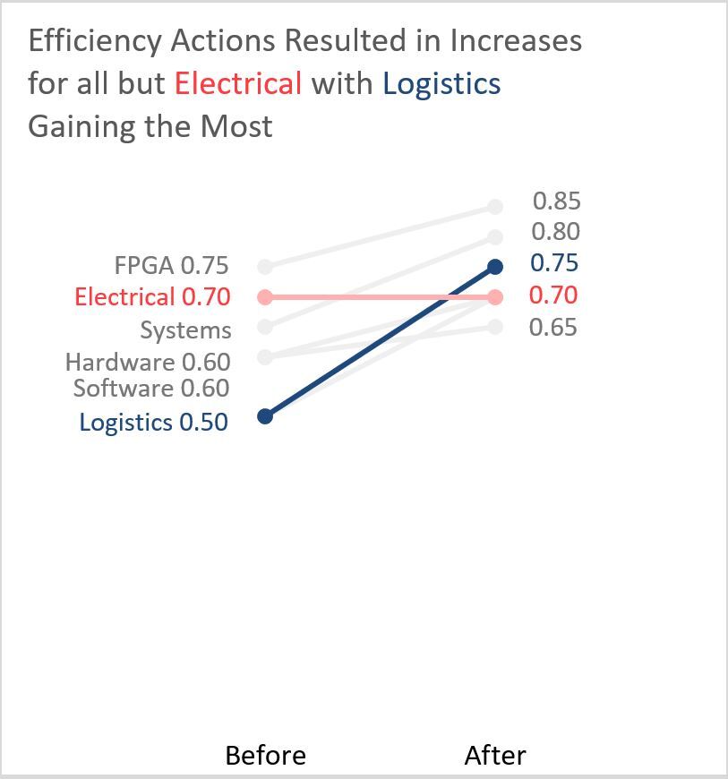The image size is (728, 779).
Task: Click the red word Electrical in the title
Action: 237,83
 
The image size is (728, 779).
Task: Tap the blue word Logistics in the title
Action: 441,83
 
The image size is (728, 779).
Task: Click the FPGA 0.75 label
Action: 171,266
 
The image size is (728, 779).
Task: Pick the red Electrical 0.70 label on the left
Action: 152,296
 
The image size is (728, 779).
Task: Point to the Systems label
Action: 185,330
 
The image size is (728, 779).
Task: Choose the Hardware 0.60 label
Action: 148,362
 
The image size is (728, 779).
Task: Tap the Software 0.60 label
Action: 151,389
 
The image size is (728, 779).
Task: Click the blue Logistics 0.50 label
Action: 153,422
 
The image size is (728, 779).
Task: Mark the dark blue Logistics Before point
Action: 264,416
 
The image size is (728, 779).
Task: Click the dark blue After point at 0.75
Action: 495,267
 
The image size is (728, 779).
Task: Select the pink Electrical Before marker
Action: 264,296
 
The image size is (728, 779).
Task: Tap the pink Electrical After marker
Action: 495,296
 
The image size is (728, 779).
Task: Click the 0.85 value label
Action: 556,201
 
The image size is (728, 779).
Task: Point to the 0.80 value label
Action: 555,232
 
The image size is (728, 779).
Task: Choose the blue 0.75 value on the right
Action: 554,263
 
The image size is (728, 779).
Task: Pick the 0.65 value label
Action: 552,327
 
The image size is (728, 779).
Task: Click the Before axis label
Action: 265,756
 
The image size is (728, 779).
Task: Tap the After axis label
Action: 495,756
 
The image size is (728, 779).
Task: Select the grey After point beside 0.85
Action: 495,207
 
